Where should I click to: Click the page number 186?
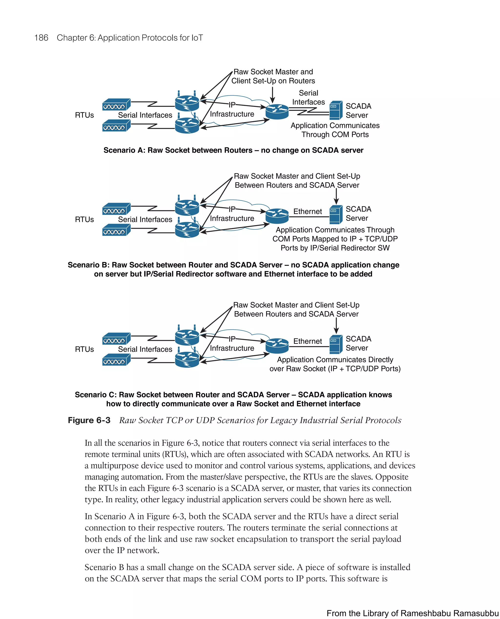coord(41,38)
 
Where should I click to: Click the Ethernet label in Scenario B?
coord(307,212)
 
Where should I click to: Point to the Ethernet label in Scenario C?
coord(307,341)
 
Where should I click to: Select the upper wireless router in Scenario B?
coord(187,207)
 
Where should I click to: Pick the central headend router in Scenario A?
coord(277,112)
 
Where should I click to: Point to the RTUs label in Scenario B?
coord(84,220)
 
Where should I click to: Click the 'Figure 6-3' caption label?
coord(89,420)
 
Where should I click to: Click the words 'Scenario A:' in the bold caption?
coord(124,150)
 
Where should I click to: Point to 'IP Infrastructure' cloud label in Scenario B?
coord(232,215)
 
